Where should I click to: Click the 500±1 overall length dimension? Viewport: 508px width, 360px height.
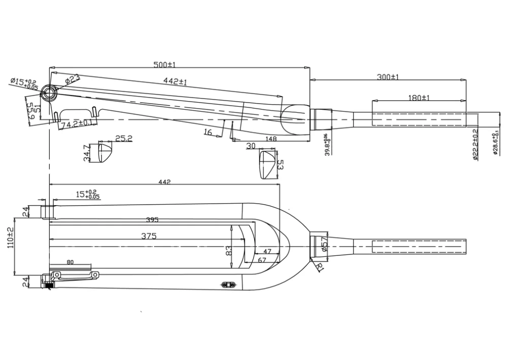click(164, 65)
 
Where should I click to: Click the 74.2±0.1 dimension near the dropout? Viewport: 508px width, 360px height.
click(77, 124)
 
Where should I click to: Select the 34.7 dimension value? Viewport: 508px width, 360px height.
click(87, 153)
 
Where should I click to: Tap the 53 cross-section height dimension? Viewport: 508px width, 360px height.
click(280, 165)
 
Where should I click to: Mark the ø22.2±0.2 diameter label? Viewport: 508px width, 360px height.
click(475, 144)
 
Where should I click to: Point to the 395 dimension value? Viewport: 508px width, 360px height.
click(152, 220)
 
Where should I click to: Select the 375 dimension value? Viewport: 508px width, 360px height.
click(148, 236)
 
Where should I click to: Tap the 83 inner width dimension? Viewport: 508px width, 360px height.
click(229, 250)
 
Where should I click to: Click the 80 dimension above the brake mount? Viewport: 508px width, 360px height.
click(70, 262)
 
